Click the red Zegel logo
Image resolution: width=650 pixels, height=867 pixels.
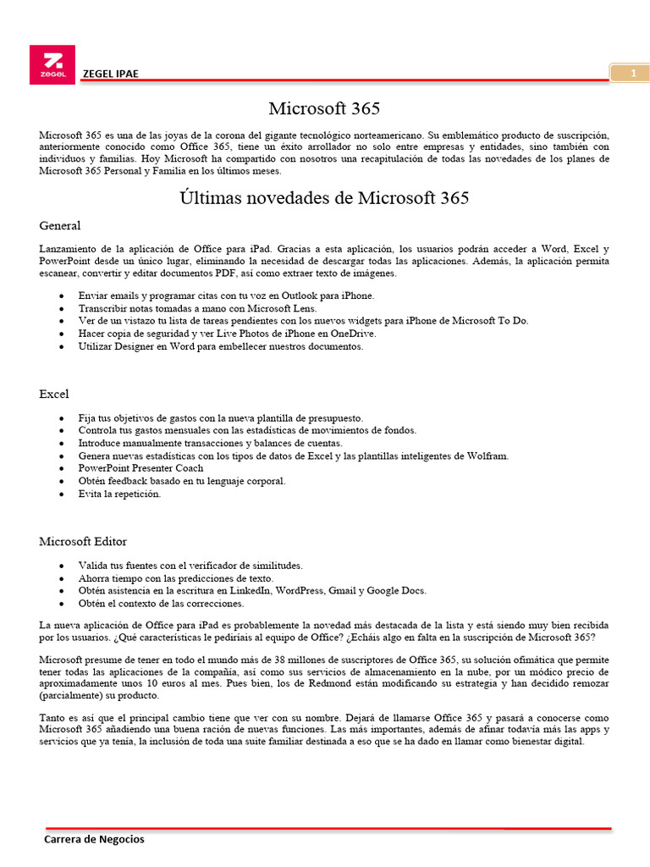[52, 64]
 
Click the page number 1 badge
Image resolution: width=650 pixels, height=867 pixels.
[633, 74]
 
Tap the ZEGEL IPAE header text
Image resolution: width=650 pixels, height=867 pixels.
[110, 74]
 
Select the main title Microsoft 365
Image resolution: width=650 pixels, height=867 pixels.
[324, 108]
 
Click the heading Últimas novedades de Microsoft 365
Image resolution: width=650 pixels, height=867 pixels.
[324, 198]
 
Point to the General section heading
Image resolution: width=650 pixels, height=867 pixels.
[60, 225]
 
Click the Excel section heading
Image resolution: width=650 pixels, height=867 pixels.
[54, 394]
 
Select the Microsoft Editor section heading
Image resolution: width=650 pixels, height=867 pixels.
[83, 541]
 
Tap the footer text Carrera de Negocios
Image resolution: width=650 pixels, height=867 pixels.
[94, 839]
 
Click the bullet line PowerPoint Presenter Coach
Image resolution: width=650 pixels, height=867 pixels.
[140, 468]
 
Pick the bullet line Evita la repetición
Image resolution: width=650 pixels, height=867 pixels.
[119, 494]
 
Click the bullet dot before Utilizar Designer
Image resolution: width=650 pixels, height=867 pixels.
[64, 346]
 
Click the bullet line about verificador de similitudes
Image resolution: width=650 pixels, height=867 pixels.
[190, 565]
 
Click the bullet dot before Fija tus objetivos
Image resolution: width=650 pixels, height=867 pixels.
[64, 418]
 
